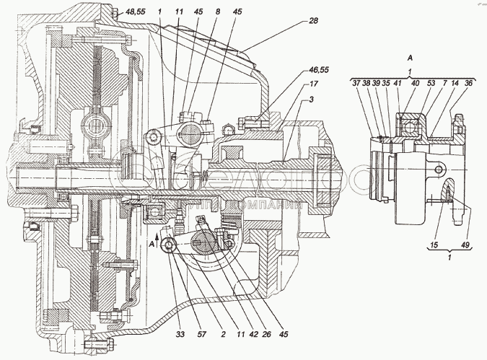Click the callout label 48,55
135,13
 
